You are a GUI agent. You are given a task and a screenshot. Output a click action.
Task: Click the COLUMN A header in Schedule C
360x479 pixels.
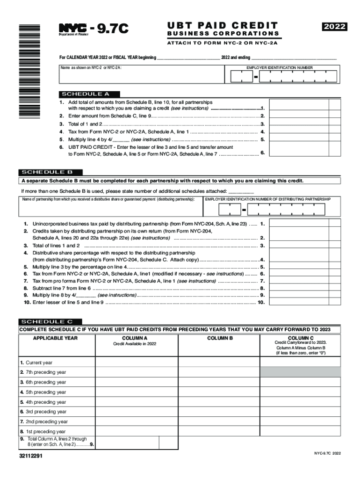point(135,338)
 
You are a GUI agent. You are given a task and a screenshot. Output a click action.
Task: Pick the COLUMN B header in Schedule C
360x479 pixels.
point(220,338)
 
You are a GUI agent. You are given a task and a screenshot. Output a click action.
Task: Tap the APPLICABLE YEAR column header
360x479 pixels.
point(55,338)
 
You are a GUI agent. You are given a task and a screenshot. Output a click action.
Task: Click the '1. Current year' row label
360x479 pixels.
point(36,363)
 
